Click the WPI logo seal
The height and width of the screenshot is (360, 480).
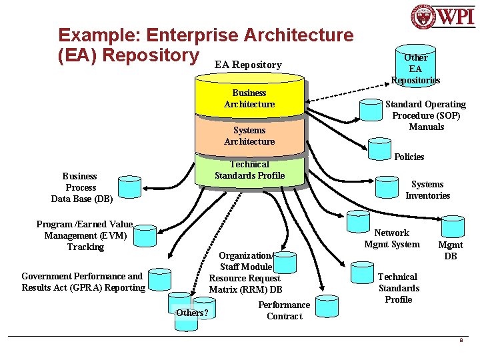(x=423, y=17)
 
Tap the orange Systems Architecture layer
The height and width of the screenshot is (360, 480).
(x=249, y=135)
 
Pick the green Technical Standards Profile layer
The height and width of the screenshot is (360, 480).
(x=249, y=170)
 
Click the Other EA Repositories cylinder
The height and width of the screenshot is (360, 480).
(x=415, y=66)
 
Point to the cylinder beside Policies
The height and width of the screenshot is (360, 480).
(x=379, y=149)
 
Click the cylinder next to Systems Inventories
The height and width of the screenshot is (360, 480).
(x=387, y=187)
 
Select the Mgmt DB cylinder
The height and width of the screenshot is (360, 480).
(x=453, y=227)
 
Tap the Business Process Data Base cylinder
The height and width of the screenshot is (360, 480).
(x=129, y=187)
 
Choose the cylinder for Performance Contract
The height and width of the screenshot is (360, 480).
(x=327, y=306)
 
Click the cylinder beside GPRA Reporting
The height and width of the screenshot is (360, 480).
(x=159, y=279)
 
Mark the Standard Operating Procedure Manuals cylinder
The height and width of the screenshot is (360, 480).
(x=371, y=110)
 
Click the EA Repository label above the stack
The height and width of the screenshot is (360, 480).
(x=248, y=65)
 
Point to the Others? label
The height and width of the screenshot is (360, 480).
(x=192, y=313)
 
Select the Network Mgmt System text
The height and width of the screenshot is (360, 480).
(x=392, y=239)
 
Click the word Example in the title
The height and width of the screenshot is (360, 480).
(x=99, y=35)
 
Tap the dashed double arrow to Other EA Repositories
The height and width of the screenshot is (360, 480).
(x=347, y=92)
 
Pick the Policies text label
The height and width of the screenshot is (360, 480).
(x=409, y=157)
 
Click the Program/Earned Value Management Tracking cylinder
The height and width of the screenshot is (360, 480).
(x=145, y=236)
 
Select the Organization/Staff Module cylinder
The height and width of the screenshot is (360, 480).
(x=285, y=263)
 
